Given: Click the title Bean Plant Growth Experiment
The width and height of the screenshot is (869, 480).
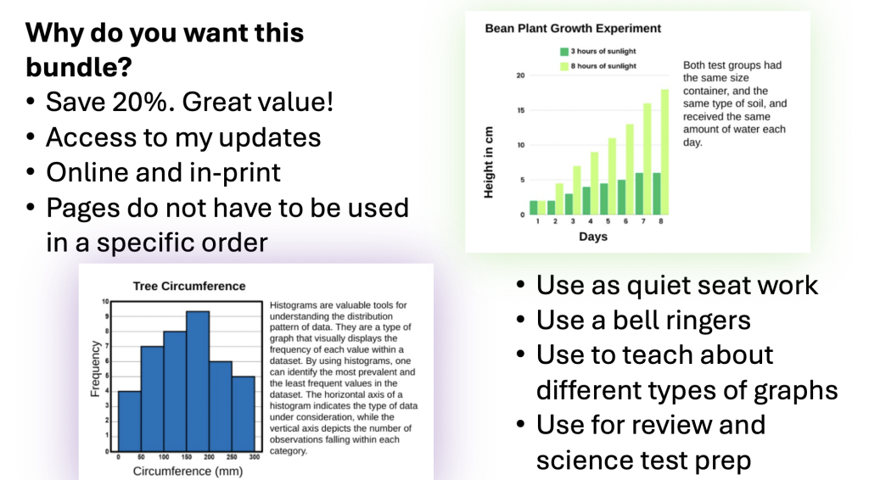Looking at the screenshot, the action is coord(573,28).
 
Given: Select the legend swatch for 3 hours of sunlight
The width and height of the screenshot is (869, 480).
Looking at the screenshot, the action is coord(564,52).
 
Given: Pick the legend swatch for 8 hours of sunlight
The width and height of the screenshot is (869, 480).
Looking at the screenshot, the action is coord(564,66).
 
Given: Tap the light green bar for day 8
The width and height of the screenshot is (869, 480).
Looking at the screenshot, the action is coord(664,152).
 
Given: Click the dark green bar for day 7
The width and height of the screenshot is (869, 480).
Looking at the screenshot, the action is coord(640,193).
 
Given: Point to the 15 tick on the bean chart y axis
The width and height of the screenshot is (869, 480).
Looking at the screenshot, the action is coord(520,110).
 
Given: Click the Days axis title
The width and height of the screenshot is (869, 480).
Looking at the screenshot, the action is coord(593,237).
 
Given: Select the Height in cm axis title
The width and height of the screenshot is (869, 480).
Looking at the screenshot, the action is coord(488,162).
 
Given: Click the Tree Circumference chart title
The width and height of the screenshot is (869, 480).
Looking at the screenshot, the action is coord(189,287).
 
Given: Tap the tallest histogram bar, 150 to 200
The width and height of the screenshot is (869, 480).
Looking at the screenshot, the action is coord(197,382).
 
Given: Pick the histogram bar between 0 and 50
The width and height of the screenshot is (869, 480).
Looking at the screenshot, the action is coord(129,421).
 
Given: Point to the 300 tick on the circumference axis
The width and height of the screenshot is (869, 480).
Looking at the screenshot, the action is coord(255,457).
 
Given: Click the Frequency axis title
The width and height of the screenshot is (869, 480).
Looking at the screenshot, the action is coord(95,369).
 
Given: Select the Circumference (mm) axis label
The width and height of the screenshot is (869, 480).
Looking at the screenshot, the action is coord(188,472).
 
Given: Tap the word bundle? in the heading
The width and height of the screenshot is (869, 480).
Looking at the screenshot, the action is coord(79,68).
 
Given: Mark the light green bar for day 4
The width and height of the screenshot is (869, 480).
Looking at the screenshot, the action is coord(594,183).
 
